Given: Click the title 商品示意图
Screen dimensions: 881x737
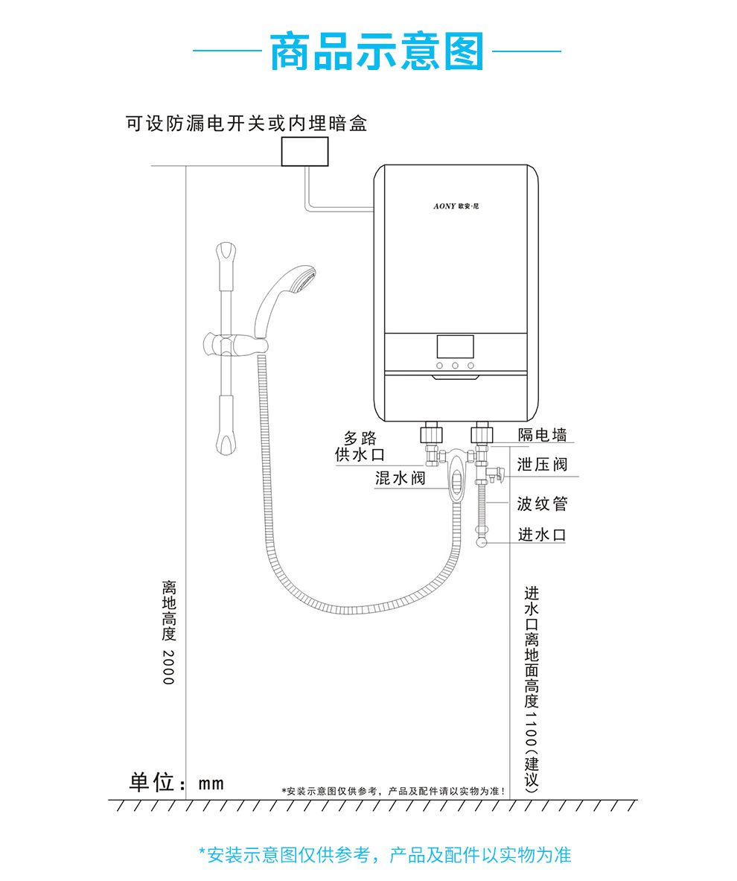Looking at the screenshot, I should [x=377, y=52].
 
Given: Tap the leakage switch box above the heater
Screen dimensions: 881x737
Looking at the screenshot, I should [x=304, y=151].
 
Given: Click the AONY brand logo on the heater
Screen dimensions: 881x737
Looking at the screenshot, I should [x=456, y=206].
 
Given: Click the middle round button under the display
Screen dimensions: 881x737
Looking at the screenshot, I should [x=455, y=366].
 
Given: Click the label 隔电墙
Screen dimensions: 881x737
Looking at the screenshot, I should [x=542, y=435].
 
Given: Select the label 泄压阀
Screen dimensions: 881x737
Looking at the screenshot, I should [x=542, y=465].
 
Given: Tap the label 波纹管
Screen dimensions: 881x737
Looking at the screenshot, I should [x=542, y=504].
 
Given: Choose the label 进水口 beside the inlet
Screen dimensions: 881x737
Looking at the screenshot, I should [x=542, y=535].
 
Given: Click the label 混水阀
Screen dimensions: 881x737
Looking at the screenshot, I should [x=401, y=479].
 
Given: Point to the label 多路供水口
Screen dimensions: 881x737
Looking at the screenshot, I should [x=360, y=446].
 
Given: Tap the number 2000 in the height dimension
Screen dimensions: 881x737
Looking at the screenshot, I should [x=168, y=667].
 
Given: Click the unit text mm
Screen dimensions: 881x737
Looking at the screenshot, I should [x=211, y=783].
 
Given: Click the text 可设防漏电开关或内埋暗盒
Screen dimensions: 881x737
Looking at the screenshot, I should [x=246, y=124].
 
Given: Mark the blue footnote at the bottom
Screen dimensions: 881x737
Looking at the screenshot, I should [x=385, y=855].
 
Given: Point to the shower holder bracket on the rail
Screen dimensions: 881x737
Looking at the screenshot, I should [x=232, y=346].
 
